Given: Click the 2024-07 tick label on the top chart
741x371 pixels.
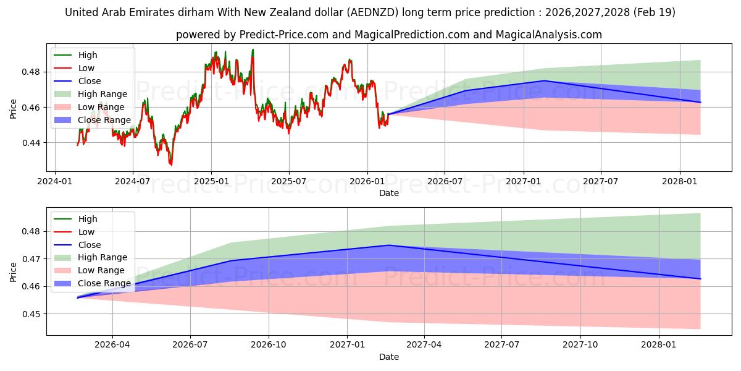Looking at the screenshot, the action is coord(132,182).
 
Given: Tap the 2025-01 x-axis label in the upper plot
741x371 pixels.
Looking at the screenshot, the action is coord(211,182).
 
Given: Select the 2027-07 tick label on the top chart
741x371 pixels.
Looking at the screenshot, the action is coord(600,182).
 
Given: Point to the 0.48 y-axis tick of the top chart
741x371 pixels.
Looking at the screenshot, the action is coord(31,72).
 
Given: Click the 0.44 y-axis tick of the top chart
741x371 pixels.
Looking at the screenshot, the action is coord(31,143).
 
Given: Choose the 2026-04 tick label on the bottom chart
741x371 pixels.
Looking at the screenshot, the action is coord(112,345).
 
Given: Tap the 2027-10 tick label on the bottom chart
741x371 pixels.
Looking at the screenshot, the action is coord(580,345).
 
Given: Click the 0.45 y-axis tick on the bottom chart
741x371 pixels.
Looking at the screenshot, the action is coord(31,314).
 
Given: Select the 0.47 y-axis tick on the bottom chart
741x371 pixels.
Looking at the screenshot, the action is coord(31,259).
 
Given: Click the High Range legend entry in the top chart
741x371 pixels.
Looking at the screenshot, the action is coord(103,94).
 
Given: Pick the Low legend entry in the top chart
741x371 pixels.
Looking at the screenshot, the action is coord(86,68).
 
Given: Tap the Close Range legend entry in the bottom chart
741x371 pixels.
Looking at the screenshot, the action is coord(104,284).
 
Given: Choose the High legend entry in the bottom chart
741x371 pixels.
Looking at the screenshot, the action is coord(88,219).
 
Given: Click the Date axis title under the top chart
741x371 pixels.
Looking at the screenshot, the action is coord(388,193).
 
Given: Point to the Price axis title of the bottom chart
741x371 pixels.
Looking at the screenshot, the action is coord(13,272).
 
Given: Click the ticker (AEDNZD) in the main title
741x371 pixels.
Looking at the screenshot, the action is coord(372,12).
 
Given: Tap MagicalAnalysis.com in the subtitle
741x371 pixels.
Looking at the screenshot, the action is coord(548,35).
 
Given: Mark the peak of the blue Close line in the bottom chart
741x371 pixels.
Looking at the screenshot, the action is coord(389,245).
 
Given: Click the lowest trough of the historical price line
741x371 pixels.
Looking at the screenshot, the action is coord(171,165).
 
